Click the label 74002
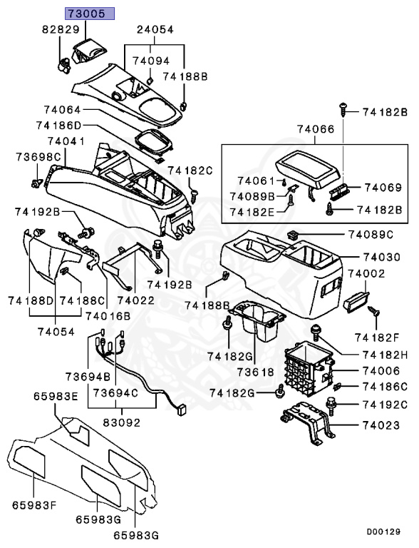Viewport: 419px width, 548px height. click(366, 273)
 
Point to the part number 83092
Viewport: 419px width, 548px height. click(120, 421)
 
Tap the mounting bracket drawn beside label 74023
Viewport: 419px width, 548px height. click(308, 425)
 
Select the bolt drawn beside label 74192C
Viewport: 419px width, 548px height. click(332, 404)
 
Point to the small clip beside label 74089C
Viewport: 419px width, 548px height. click(292, 234)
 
